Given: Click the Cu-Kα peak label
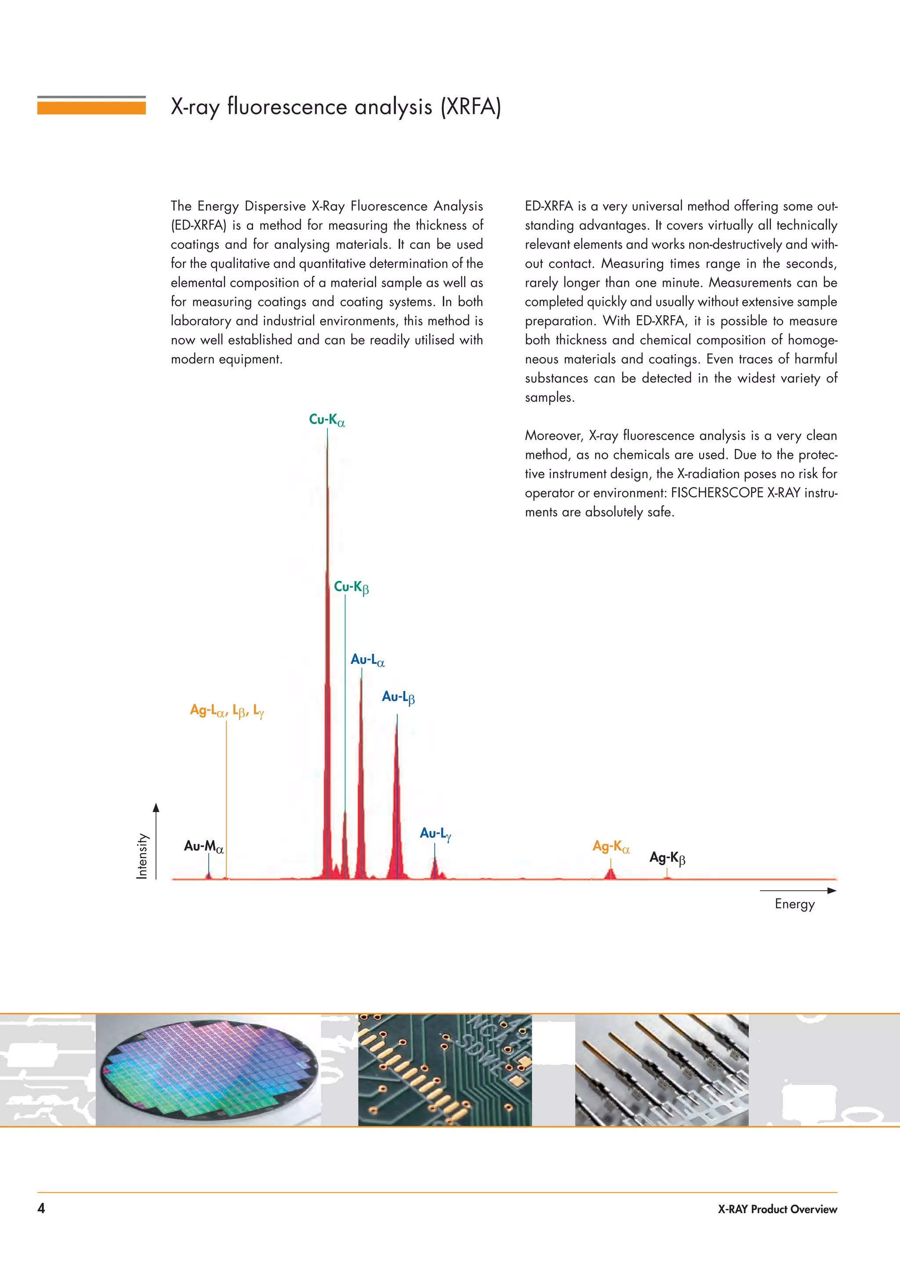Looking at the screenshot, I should (327, 420).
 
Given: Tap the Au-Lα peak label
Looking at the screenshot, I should (367, 660).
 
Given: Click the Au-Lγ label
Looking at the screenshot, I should (435, 834).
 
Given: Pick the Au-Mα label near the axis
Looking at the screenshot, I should (203, 846).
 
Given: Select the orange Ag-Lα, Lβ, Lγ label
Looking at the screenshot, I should (227, 711).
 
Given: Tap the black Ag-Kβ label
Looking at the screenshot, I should (667, 858).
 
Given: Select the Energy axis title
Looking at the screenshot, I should (794, 904).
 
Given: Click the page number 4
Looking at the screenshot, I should (41, 1208).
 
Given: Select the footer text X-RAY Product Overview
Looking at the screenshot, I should (777, 1209).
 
